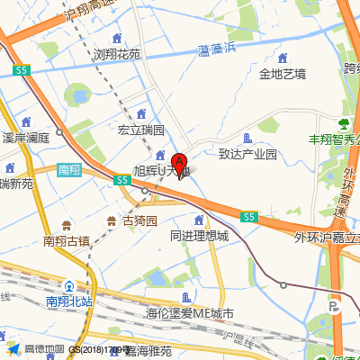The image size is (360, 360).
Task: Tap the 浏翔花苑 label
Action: tap(117, 54)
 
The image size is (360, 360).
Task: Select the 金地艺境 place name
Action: tap(282, 73)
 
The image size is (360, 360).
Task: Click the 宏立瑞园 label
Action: tap(141, 130)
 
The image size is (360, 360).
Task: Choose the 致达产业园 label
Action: tap(247, 154)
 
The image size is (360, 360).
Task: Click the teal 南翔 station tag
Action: tap(69, 169)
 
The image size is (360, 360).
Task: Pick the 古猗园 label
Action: tap(139, 220)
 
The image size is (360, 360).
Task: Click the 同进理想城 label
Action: tap(199, 236)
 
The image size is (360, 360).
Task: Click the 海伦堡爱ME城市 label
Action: tap(189, 314)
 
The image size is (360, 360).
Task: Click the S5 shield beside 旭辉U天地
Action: tap(122, 181)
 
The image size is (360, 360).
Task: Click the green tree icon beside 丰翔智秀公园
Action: tap(343, 123)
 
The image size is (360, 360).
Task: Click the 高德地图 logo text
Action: tap(44, 349)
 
